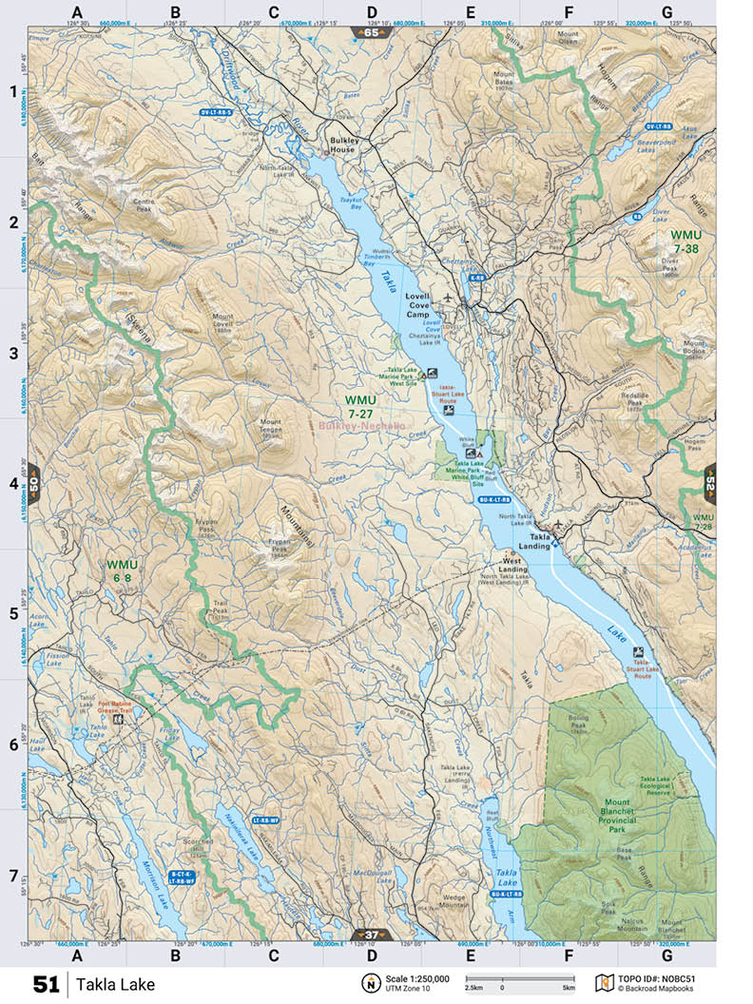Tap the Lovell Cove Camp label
418,304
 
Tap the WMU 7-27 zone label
360,407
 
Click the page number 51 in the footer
46,984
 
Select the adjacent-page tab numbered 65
371,33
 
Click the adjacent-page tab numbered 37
371,933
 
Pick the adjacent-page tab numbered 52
708,483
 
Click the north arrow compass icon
368,983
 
